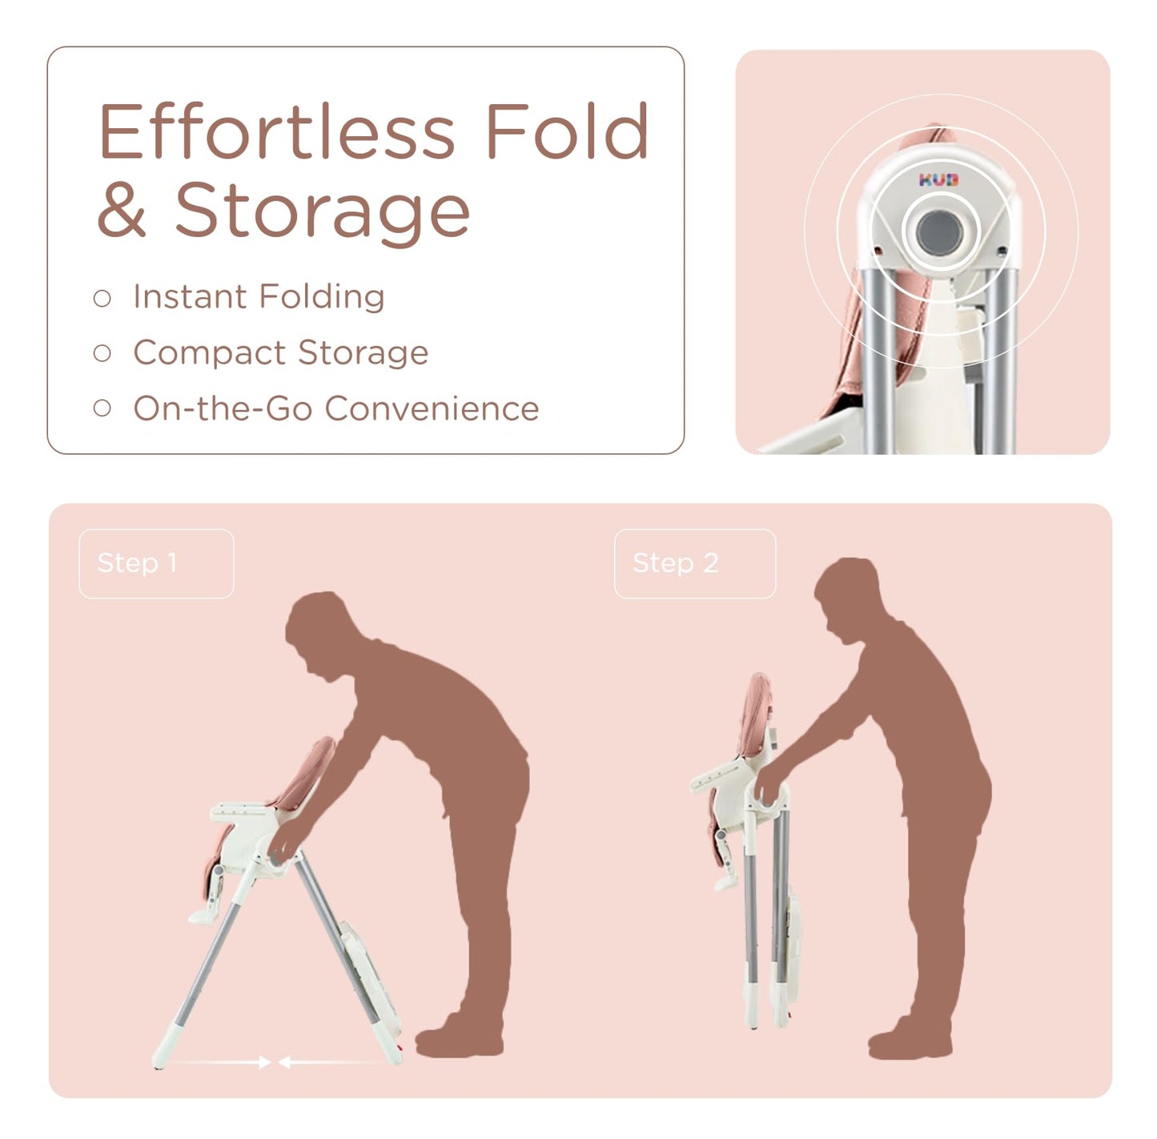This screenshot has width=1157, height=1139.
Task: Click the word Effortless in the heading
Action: point(276,131)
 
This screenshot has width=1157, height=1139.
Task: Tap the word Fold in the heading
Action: point(568,131)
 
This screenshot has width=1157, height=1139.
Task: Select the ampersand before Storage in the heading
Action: point(122,210)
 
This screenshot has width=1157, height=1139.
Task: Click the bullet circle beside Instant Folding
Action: point(102,298)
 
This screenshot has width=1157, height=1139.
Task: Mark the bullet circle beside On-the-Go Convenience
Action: point(102,409)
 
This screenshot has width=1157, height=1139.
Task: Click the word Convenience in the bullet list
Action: point(432,409)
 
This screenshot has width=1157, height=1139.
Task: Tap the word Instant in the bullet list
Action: point(191,296)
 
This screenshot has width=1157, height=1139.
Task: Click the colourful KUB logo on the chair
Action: point(938,179)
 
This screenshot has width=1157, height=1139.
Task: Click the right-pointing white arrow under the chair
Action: point(219,1062)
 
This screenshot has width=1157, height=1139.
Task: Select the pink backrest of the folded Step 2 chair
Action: point(756,714)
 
